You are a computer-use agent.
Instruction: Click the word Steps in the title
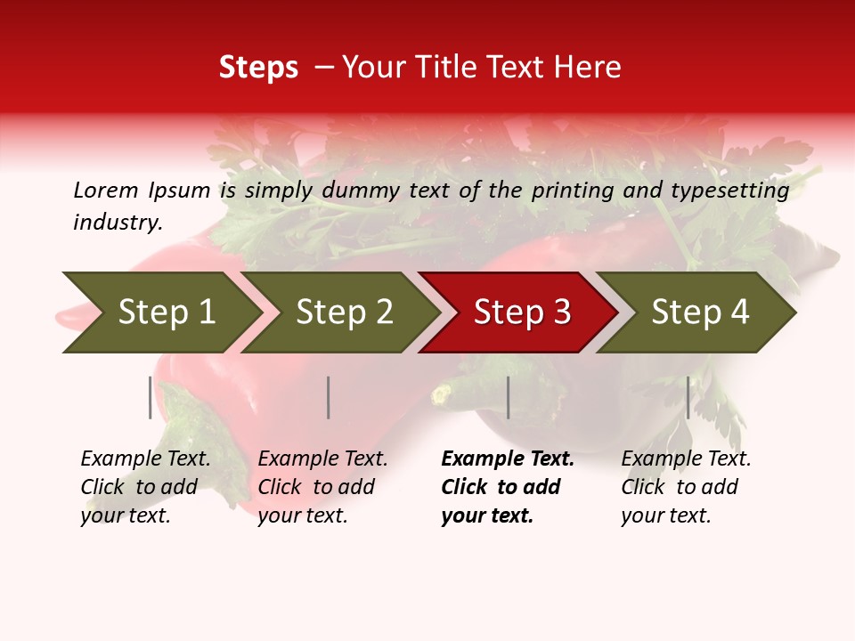click(x=258, y=68)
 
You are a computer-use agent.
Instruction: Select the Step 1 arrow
click(x=160, y=312)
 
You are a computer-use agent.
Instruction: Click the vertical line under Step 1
click(x=151, y=397)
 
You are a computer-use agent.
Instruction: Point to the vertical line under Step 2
click(x=329, y=397)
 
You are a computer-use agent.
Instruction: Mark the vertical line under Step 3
click(x=508, y=397)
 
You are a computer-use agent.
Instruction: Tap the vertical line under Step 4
click(x=688, y=397)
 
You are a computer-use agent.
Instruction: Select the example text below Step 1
click(x=145, y=487)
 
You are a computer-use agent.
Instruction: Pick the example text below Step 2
click(x=322, y=487)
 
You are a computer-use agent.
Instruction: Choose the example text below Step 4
click(x=686, y=487)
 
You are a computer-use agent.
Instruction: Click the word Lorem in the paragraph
click(x=105, y=190)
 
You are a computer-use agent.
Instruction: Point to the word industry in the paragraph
click(x=118, y=223)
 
